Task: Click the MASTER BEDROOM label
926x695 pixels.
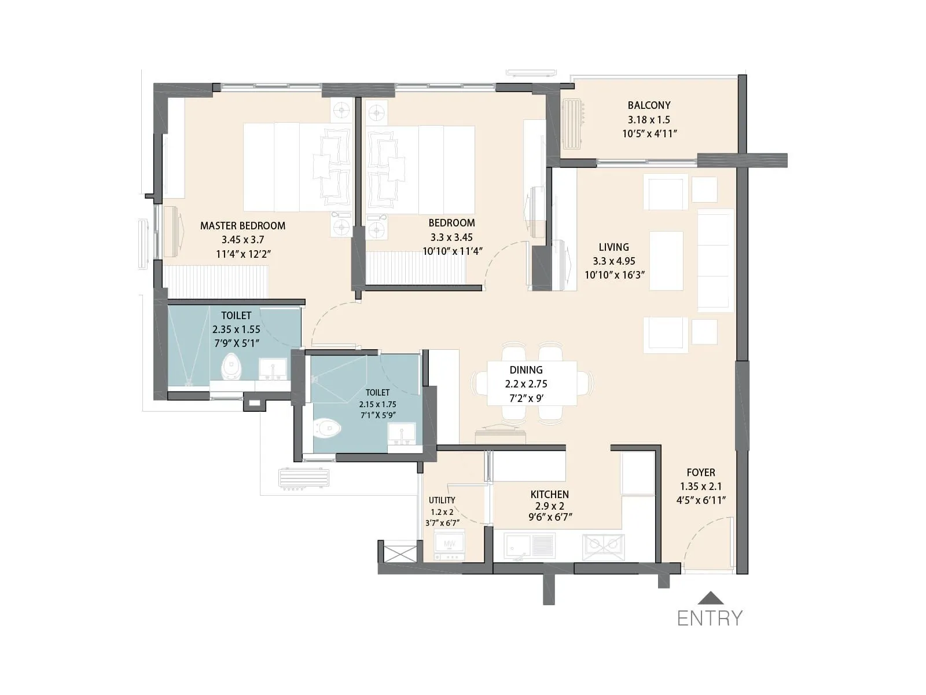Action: pos(242,226)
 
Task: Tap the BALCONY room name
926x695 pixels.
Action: pos(649,105)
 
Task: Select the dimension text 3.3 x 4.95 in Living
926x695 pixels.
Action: pos(613,261)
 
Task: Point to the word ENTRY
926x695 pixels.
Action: pos(710,619)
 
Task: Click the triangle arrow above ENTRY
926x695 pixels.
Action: pos(710,598)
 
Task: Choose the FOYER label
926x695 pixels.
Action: pos(700,473)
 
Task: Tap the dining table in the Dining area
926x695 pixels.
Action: pos(532,383)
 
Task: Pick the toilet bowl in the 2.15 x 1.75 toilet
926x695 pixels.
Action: pos(327,429)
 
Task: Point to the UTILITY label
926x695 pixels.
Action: pos(442,500)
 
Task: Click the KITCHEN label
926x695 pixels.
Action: pos(549,495)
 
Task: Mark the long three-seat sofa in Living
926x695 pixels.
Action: pos(715,261)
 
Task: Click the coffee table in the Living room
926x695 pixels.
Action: pos(666,261)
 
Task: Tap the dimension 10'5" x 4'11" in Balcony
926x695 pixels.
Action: pos(648,133)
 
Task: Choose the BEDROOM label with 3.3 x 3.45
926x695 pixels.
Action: pos(451,223)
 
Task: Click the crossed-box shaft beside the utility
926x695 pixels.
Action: pos(399,553)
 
